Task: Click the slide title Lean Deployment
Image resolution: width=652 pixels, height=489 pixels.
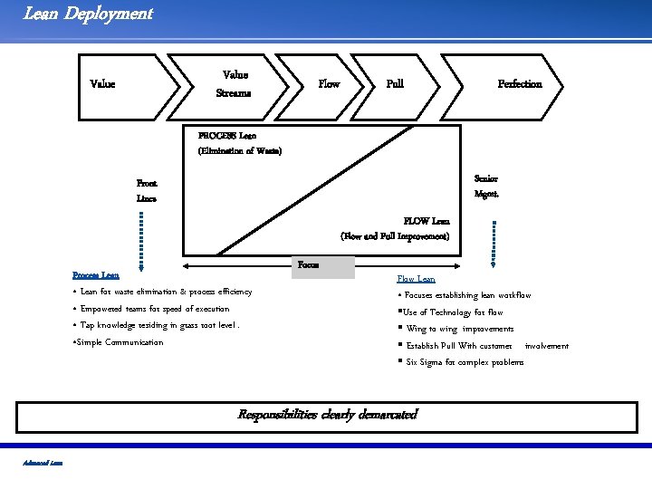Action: pyautogui.click(x=88, y=14)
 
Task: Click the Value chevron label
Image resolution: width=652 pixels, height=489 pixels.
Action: pyautogui.click(x=102, y=84)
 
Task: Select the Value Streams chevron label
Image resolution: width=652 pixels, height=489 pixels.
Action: pyautogui.click(x=235, y=84)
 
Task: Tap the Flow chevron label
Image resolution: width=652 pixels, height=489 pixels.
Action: pyautogui.click(x=329, y=84)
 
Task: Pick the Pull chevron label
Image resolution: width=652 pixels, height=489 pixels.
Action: pyautogui.click(x=395, y=84)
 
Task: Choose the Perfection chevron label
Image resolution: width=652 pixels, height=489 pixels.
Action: pyautogui.click(x=520, y=84)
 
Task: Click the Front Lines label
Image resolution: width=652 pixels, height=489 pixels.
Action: pyautogui.click(x=146, y=190)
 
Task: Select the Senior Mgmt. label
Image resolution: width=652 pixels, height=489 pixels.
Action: pyautogui.click(x=486, y=186)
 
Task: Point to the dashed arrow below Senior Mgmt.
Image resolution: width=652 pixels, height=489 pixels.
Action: pyautogui.click(x=493, y=242)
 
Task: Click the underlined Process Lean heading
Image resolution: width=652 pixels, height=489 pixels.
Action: pyautogui.click(x=95, y=274)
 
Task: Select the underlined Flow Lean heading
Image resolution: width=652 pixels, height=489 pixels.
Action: pyautogui.click(x=416, y=279)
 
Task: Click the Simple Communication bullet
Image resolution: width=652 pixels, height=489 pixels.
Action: pyautogui.click(x=118, y=342)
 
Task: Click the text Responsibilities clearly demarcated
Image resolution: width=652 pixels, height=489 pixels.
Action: pyautogui.click(x=327, y=415)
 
